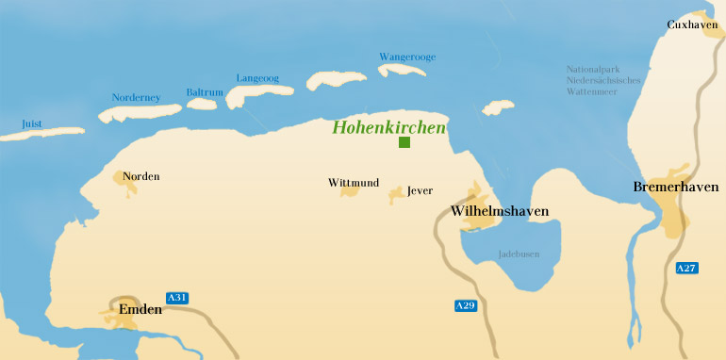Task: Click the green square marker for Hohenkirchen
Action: tap(404, 142)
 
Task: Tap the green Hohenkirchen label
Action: tap(389, 127)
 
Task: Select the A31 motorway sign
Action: tap(177, 298)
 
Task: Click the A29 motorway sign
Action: tap(465, 305)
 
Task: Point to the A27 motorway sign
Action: tap(687, 269)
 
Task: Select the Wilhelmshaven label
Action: tap(500, 210)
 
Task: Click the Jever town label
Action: tap(420, 191)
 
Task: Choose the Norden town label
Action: tap(142, 176)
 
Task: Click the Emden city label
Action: tap(140, 308)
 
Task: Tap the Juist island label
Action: tap(32, 123)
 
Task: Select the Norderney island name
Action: tap(137, 97)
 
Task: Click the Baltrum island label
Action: tap(204, 91)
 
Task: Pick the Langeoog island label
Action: tap(258, 78)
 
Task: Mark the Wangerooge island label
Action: tap(407, 57)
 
